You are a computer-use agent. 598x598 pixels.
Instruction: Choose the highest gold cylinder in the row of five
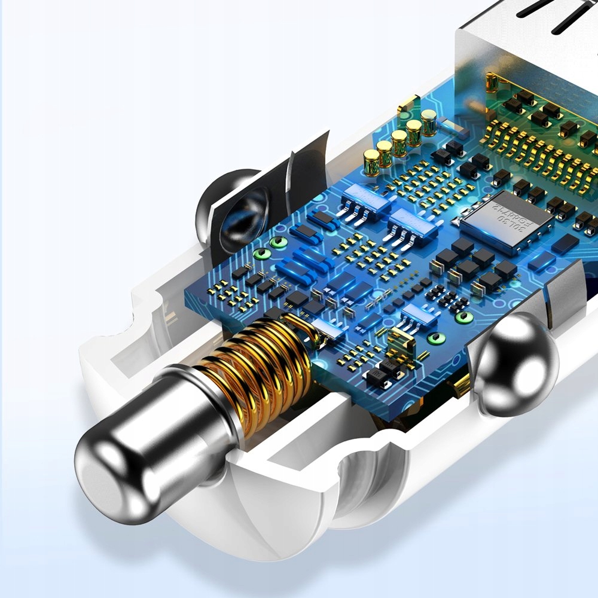(428, 121)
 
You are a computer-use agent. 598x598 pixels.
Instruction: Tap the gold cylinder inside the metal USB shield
(492, 84)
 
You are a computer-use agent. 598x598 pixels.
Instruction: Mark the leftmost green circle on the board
(259, 254)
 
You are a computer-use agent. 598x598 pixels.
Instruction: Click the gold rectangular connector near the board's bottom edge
(399, 344)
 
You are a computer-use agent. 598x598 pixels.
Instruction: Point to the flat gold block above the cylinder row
(406, 110)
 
